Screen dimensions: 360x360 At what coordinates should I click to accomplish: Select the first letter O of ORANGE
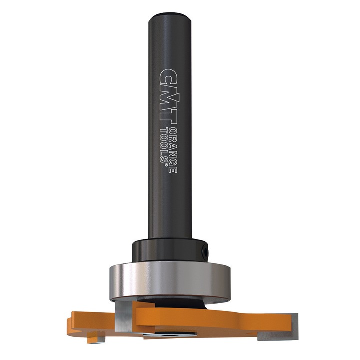point(173,130)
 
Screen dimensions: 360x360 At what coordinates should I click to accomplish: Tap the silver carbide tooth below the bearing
point(123,315)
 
